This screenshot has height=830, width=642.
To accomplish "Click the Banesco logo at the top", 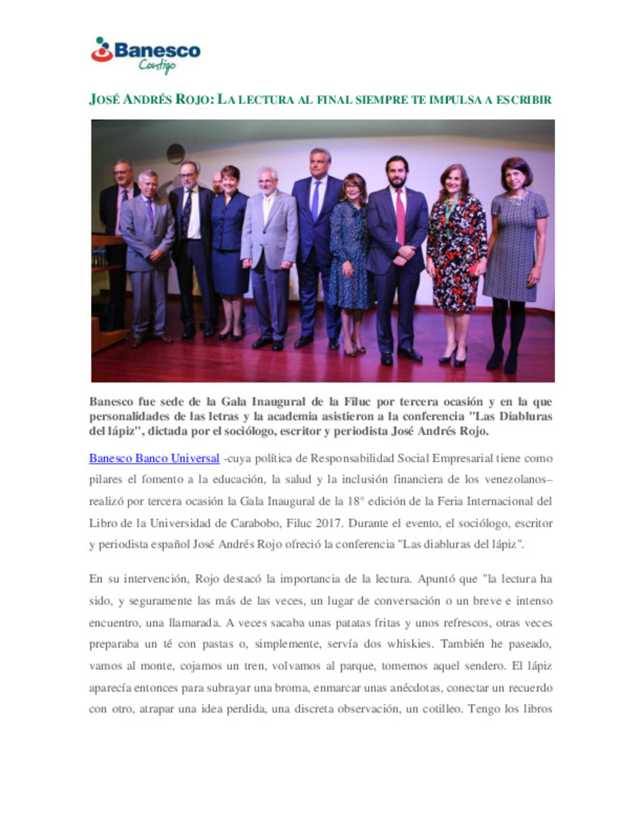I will [146, 54].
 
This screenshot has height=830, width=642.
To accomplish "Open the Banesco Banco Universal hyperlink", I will [154, 458].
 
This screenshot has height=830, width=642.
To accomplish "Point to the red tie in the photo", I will [400, 217].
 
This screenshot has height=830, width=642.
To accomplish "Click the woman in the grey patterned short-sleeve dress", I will [515, 249].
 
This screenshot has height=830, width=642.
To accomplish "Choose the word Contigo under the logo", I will [157, 66].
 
